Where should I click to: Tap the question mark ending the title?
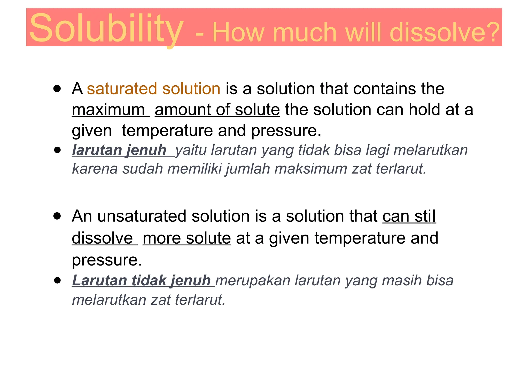pyautogui.click(x=493, y=32)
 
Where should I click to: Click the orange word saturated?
pyautogui.click(x=122, y=89)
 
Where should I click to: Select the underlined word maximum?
pyautogui.click(x=108, y=110)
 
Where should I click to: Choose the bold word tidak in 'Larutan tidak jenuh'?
pyautogui.click(x=149, y=280)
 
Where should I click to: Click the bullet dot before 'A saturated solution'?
pyautogui.click(x=57, y=89)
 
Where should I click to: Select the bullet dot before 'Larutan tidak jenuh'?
pyautogui.click(x=58, y=280)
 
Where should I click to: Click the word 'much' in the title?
pyautogui.click(x=305, y=32)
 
